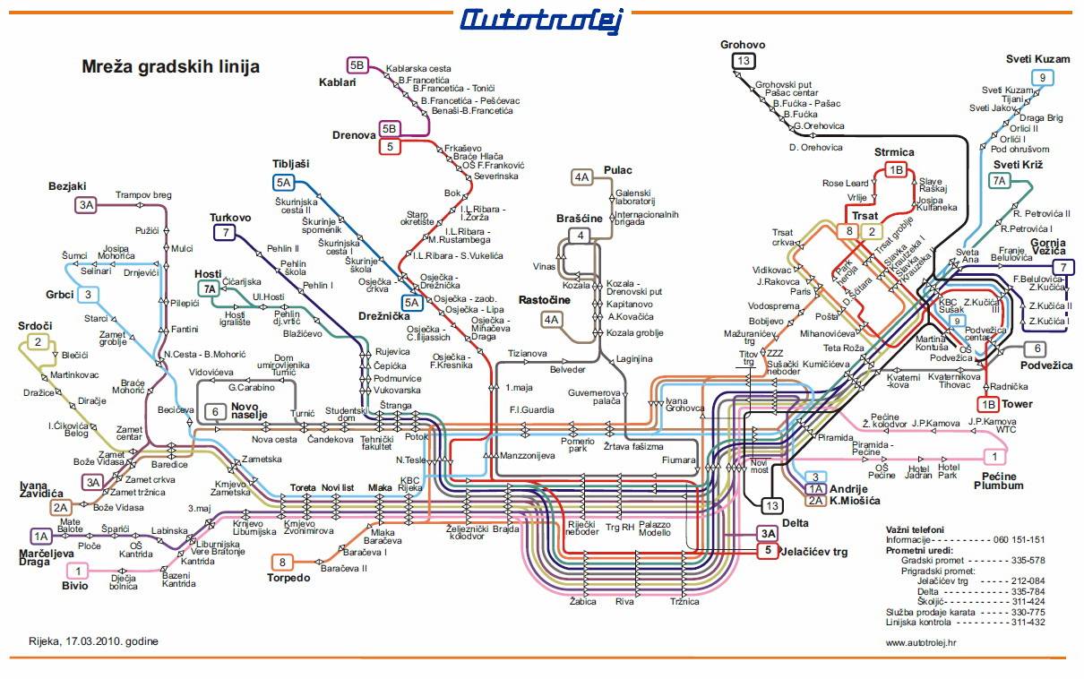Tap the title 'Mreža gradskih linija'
tap(170, 66)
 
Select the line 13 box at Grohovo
tap(744, 61)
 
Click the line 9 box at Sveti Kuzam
tap(1041, 78)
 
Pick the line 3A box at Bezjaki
tap(86, 205)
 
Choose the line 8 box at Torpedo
tap(283, 562)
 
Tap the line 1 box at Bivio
tap(78, 571)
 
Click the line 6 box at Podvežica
tap(1037, 348)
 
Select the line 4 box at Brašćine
tap(581, 236)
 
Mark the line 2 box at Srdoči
tap(38, 341)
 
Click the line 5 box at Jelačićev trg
tap(767, 552)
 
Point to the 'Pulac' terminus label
tap(617, 170)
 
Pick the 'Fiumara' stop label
tap(679, 460)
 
